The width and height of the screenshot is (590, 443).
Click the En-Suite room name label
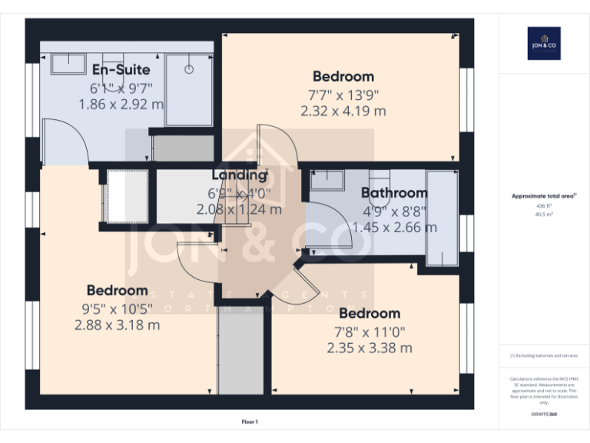[x=121, y=71]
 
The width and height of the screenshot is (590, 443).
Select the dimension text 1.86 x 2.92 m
[x=121, y=103]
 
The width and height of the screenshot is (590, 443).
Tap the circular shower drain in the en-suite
[x=188, y=68]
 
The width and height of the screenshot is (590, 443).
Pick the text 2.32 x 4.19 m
[x=343, y=111]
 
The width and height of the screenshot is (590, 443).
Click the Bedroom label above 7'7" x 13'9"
[x=343, y=76]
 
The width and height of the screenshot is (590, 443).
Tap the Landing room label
[x=239, y=175]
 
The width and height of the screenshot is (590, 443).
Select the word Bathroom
[x=394, y=193]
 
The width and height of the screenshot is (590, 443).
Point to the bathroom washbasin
[x=329, y=179]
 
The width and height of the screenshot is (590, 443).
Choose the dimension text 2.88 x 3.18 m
[x=117, y=325]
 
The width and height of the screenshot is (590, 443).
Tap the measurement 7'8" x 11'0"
[x=370, y=331]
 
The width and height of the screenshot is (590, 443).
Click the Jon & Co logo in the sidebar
[x=543, y=43]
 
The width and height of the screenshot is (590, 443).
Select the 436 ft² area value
[x=543, y=206]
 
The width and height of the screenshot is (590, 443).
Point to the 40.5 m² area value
[x=543, y=215]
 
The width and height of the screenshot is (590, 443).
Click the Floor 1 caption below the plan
[x=250, y=421]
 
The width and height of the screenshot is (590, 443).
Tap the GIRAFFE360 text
[x=543, y=415]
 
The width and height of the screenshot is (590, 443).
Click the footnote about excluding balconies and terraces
[x=543, y=355]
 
